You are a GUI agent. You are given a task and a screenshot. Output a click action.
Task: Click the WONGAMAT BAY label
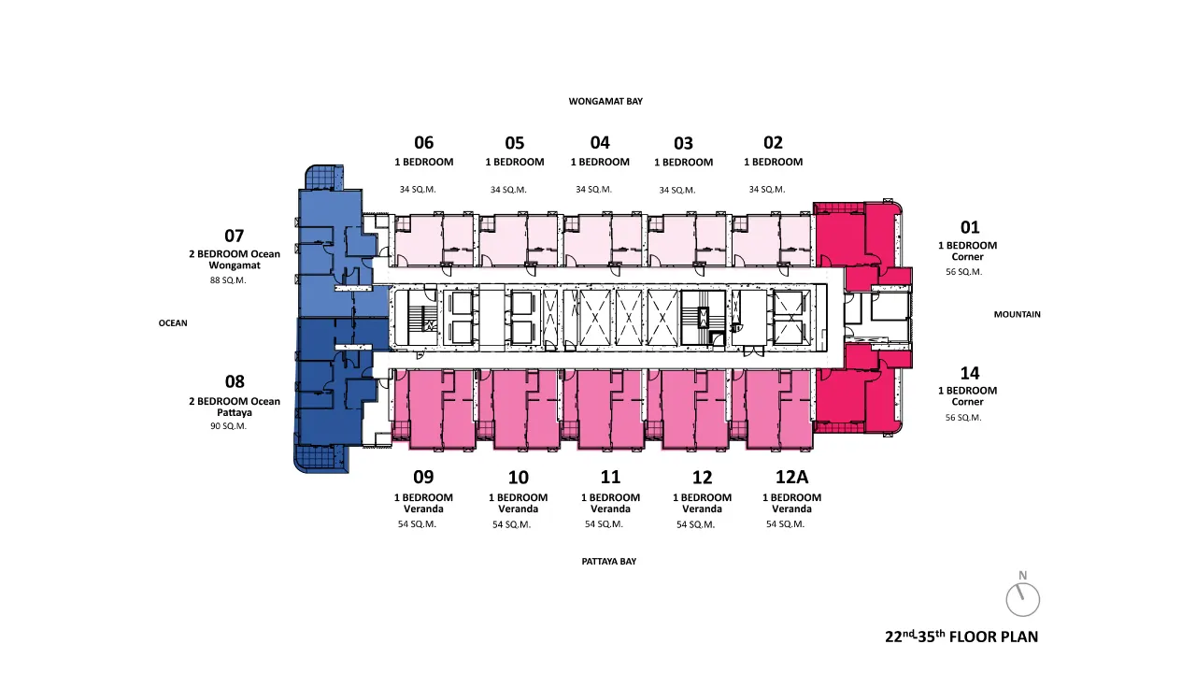(x=605, y=102)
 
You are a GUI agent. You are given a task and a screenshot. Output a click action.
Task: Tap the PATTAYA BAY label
(x=608, y=562)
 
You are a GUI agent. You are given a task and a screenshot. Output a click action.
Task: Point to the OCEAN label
(x=173, y=323)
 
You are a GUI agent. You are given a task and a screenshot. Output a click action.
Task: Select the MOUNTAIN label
(x=1018, y=315)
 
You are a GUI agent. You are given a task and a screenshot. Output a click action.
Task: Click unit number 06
(x=424, y=143)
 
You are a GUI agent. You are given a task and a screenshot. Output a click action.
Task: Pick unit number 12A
(x=791, y=477)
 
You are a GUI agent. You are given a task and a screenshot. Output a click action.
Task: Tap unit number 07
(x=235, y=236)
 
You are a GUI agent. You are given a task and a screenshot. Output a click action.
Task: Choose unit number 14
(x=970, y=373)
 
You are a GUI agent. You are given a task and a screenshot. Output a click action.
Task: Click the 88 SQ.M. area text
(x=228, y=280)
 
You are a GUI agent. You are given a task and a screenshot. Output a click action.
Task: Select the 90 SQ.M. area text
(x=229, y=426)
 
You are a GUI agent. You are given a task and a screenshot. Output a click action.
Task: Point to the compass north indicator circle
(x=1023, y=600)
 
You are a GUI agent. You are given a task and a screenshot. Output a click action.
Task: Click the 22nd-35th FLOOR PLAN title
(x=961, y=637)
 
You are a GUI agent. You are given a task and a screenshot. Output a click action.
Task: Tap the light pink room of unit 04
(x=604, y=239)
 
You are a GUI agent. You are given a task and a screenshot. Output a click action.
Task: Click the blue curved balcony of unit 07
(x=324, y=177)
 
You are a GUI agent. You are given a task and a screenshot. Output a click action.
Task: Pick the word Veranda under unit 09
(x=423, y=509)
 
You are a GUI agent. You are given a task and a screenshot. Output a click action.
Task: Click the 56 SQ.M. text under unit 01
(x=963, y=272)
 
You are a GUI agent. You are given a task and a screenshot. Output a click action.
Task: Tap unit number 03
(x=683, y=143)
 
